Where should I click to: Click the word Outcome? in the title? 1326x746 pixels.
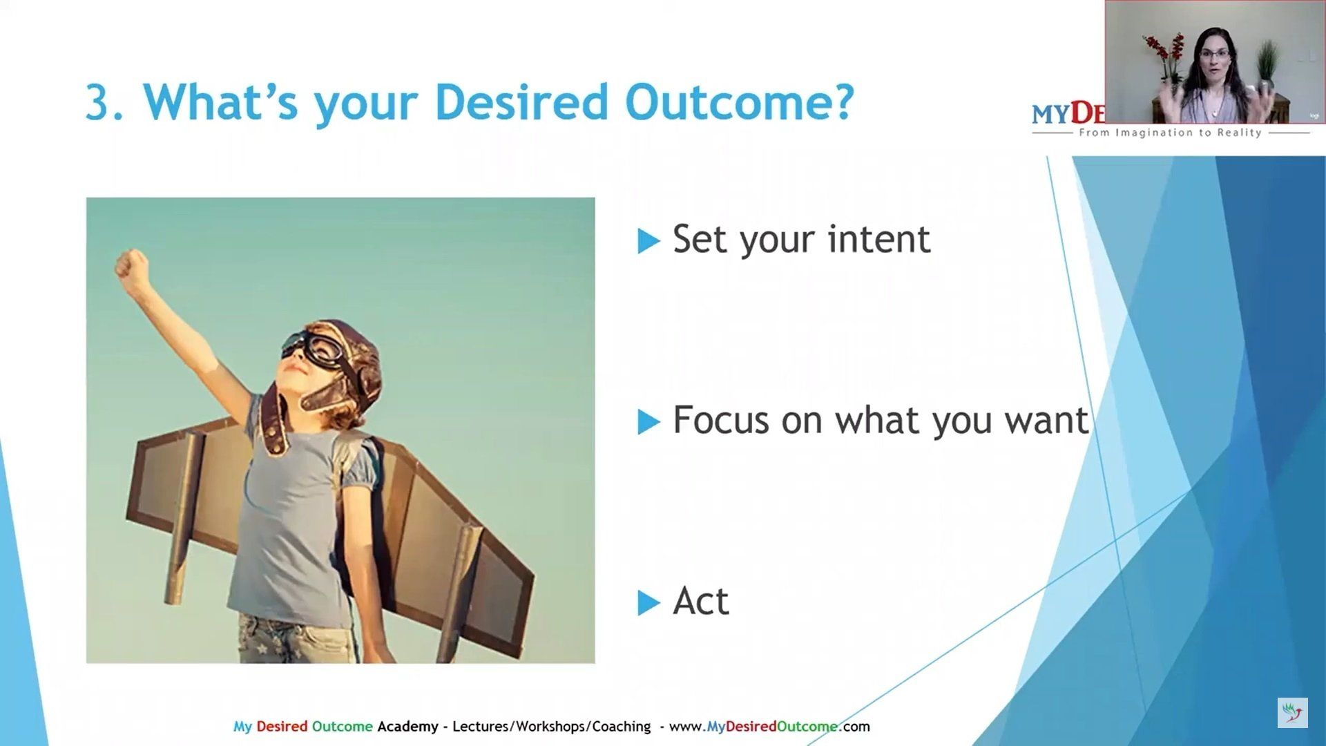pyautogui.click(x=740, y=102)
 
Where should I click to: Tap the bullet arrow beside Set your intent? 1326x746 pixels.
pyautogui.click(x=648, y=241)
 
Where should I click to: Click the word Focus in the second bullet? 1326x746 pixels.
pyautogui.click(x=721, y=420)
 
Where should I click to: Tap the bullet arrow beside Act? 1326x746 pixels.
pyautogui.click(x=648, y=603)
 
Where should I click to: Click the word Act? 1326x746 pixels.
pyautogui.click(x=701, y=601)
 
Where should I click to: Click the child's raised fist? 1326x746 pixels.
pyautogui.click(x=132, y=268)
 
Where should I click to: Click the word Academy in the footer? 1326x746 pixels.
pyautogui.click(x=407, y=727)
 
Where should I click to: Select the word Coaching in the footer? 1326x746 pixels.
pyautogui.click(x=622, y=727)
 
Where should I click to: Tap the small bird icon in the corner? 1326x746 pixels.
pyautogui.click(x=1292, y=712)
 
